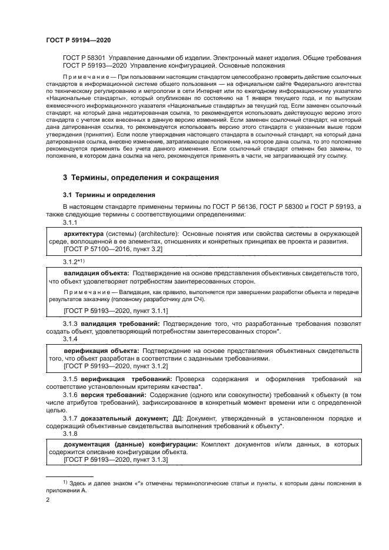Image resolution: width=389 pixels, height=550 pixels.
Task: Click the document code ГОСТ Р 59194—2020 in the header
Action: click(x=78, y=39)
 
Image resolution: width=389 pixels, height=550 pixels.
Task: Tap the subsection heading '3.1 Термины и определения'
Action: click(x=109, y=195)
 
